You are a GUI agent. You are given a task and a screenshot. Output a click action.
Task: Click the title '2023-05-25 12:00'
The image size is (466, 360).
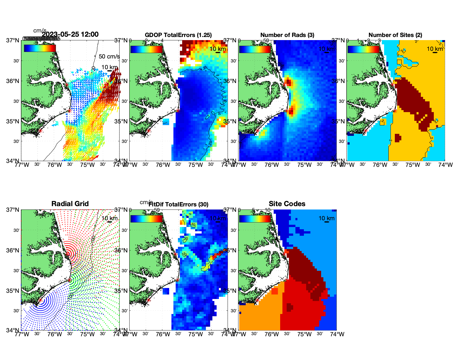coord(70,34)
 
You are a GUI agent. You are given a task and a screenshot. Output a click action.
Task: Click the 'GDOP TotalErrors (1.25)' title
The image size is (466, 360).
coord(178,35)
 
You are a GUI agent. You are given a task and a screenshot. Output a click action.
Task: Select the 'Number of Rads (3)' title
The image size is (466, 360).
coord(287,35)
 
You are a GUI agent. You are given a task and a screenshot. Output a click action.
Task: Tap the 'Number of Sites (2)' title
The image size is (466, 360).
coord(395,35)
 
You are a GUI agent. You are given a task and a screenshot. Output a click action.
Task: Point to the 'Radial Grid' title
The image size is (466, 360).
coord(70,204)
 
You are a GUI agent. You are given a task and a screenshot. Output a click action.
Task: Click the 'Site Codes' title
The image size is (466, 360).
coord(287,204)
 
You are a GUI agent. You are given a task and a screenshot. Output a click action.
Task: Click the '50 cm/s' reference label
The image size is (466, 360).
coord(109,56)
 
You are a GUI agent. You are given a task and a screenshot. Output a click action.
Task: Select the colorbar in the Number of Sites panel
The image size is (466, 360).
coord(363,49)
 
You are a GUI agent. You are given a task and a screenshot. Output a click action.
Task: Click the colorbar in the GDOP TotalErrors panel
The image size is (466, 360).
coord(147,49)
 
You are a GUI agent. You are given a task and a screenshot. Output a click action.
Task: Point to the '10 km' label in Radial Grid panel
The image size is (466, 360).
coord(109,218)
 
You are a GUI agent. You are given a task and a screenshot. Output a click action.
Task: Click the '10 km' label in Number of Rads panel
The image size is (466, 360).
coord(326,49)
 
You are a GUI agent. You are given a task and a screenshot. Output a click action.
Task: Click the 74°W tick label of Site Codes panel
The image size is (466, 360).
coord(337,334)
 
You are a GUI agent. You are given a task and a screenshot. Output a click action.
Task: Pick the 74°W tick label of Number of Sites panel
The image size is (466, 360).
coord(445,165)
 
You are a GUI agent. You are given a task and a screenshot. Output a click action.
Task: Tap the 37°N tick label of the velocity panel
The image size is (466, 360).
coord(13,40)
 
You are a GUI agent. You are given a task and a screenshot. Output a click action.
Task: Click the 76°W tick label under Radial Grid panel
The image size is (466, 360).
coord(55,334)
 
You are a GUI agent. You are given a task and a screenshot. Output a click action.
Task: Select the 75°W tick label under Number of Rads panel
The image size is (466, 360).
coord(304,165)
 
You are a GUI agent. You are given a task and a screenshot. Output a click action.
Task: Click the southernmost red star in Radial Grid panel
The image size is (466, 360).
coord(40,300)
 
